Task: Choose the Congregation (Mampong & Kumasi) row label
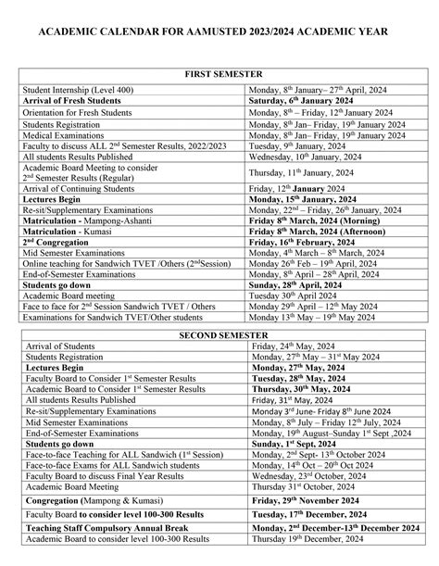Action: click(x=84, y=501)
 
